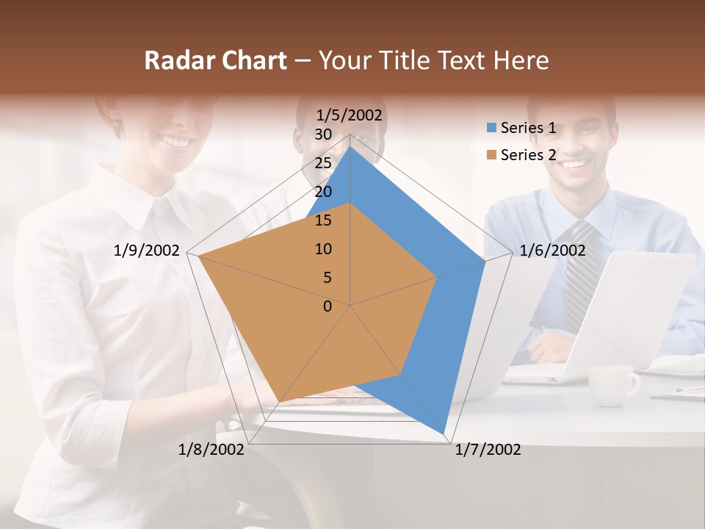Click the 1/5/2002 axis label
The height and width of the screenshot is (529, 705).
coord(350,115)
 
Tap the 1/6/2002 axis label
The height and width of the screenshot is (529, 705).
coord(552,251)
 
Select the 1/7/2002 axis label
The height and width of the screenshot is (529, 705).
coord(488,450)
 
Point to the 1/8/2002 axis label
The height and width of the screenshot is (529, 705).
coord(211,450)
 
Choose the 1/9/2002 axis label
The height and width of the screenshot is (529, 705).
coord(147,251)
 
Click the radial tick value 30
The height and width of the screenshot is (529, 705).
coord(322,134)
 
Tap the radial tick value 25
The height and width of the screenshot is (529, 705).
coord(322,163)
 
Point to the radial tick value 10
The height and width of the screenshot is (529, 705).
coord(322,249)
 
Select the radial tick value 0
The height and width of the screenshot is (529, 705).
coord(328,306)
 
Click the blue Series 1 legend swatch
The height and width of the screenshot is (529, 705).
coord(491,128)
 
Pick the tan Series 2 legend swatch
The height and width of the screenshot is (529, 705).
coord(491,155)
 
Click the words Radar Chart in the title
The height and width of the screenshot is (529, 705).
coord(215,60)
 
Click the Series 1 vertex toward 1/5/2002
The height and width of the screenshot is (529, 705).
coord(350,145)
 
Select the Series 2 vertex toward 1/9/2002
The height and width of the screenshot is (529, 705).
coord(198,256)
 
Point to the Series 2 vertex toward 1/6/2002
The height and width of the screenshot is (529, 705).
coord(436,277)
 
